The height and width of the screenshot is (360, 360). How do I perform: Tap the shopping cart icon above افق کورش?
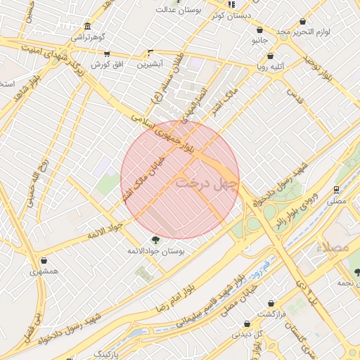[x=106, y=53]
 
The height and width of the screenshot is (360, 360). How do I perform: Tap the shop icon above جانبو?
[x=261, y=30]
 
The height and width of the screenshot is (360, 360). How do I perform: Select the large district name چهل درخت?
[x=207, y=183]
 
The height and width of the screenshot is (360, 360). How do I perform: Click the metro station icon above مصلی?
[x=337, y=190]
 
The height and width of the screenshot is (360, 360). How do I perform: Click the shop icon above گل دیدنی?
[x=247, y=324]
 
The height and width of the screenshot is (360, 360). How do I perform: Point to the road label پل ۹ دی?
[x=300, y=294]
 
